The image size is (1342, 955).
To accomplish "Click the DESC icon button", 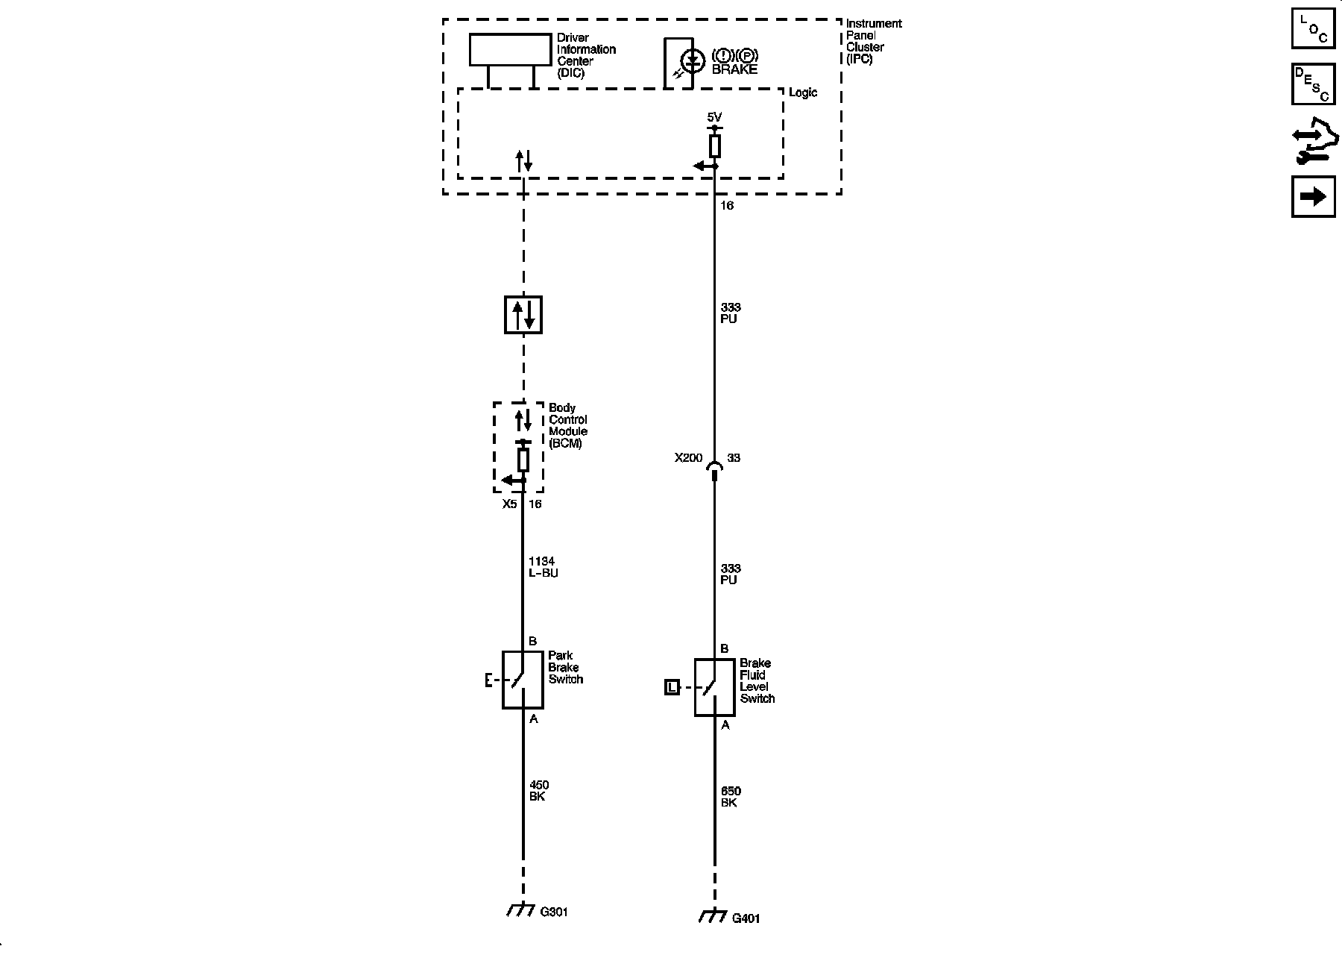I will [1313, 84].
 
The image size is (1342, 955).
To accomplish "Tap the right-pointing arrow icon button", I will [1313, 197].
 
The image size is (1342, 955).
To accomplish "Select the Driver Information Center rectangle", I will [510, 50].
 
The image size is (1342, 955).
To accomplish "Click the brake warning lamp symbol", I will [693, 61].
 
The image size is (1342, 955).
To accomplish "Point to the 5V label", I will [714, 117].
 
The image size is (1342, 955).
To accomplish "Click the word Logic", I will [803, 93].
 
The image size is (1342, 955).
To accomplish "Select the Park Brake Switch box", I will [522, 680].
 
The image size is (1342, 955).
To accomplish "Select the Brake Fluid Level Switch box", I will [714, 687].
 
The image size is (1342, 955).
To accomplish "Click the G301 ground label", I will [554, 912].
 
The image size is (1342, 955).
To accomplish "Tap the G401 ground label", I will [746, 918].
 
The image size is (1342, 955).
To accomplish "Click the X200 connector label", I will [688, 458].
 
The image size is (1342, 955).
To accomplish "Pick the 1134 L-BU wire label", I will [543, 567].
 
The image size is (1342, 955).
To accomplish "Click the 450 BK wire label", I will [538, 791].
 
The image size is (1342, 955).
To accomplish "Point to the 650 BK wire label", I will [731, 797].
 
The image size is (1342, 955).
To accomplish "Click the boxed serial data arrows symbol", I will [523, 315].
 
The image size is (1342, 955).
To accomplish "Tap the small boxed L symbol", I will [672, 687].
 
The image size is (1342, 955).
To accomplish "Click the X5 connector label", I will [509, 504].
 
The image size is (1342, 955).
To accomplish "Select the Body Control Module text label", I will [567, 425].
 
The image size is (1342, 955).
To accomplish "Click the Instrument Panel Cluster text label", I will [873, 41].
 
